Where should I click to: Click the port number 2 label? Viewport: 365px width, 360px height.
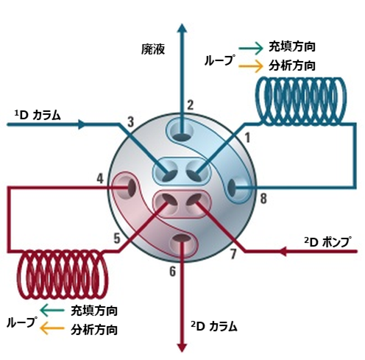click(x=190, y=105)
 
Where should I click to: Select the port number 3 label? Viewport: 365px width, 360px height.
click(x=131, y=121)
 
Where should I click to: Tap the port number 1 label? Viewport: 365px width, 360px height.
click(x=247, y=138)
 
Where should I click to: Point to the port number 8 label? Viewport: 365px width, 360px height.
click(x=263, y=198)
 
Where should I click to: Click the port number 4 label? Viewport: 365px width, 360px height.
click(x=100, y=178)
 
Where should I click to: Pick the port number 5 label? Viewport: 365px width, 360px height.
click(x=117, y=238)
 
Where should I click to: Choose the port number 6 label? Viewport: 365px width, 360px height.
click(x=173, y=272)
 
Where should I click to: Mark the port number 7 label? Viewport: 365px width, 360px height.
click(x=233, y=254)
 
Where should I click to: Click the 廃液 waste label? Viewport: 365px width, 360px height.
click(x=153, y=49)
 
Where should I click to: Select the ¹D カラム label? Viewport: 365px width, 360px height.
click(x=38, y=115)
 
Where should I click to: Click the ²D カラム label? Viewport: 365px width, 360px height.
click(x=214, y=327)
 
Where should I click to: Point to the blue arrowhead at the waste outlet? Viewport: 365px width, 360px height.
click(x=182, y=28)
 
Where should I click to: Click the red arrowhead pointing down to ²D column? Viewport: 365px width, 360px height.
click(x=182, y=348)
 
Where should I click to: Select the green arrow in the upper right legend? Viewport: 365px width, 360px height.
click(x=251, y=48)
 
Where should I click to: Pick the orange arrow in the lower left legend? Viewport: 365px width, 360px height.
click(x=52, y=328)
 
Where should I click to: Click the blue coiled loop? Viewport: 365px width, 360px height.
click(x=301, y=100)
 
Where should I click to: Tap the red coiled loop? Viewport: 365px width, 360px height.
click(x=63, y=275)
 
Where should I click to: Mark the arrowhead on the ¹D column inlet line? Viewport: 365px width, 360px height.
click(x=82, y=124)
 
